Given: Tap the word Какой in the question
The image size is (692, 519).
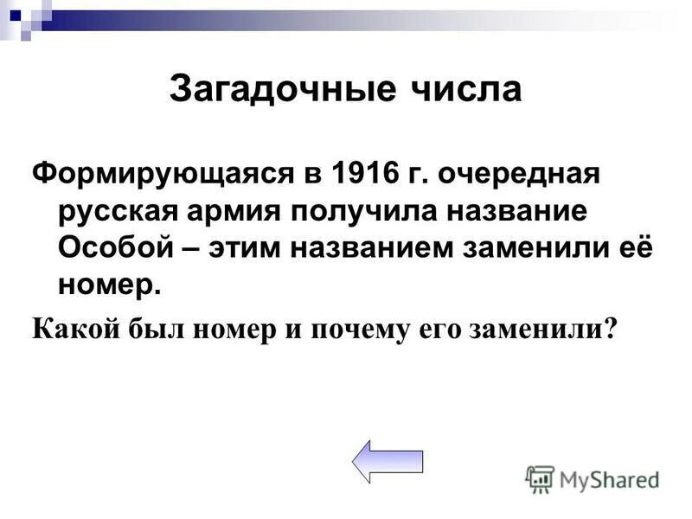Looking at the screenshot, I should pos(70,329).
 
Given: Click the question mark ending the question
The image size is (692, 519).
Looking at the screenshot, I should pos(612,329).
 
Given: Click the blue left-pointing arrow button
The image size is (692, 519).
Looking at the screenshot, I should pos(388,461).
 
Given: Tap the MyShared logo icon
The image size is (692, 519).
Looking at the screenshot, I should pos(540,477).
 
